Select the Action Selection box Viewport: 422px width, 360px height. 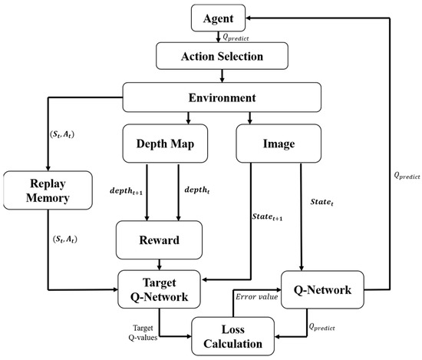coord(221,55)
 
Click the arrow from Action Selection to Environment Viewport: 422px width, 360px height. coord(221,75)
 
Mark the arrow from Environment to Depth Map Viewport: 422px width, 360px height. coord(187,117)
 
